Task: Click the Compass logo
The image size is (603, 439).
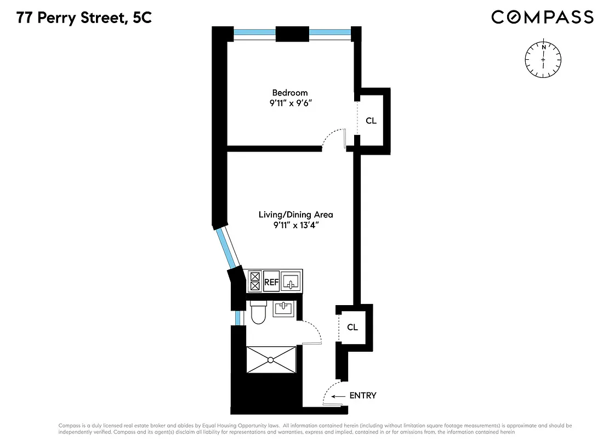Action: click(542, 17)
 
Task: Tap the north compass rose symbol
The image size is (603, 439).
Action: click(543, 57)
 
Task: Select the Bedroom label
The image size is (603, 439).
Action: click(290, 93)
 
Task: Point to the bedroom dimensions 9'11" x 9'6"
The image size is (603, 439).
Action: click(290, 103)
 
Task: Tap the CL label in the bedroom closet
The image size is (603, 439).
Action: click(371, 121)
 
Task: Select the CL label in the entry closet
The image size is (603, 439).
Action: click(352, 327)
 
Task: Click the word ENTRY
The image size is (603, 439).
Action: click(362, 396)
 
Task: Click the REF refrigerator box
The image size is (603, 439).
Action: click(271, 283)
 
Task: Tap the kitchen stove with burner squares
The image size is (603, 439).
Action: click(255, 282)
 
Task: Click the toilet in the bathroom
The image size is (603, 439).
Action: click(257, 313)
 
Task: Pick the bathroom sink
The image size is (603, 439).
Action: click(283, 308)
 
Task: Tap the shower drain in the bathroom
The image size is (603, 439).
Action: click(271, 360)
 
